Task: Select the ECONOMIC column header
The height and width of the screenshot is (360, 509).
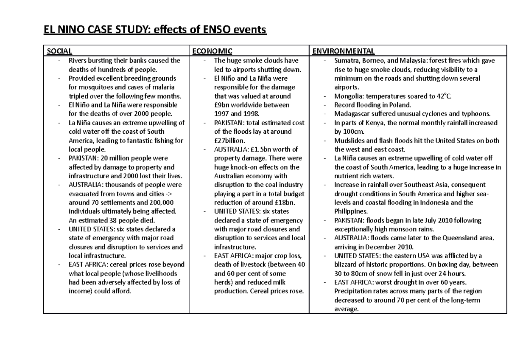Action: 213,51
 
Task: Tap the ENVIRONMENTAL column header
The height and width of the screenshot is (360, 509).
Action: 344,51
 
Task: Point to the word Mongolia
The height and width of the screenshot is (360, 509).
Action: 348,96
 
